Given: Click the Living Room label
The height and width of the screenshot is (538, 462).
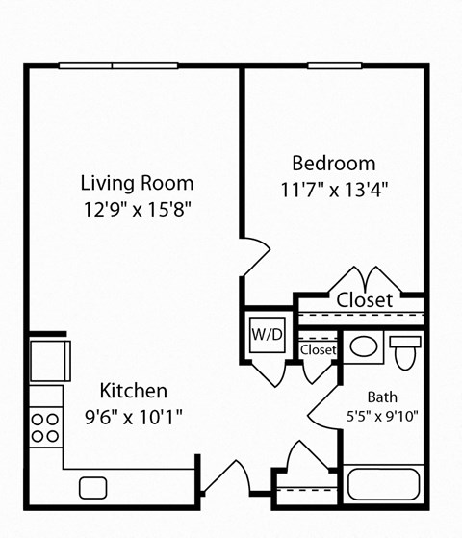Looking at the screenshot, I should coord(137,183).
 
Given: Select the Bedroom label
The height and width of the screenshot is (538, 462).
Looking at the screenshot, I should coord(333,162).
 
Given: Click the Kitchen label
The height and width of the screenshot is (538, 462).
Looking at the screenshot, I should coord(134,391).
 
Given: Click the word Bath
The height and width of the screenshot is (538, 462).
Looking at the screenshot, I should coord(382,397).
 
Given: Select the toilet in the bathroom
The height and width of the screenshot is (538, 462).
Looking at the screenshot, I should coord(405,350).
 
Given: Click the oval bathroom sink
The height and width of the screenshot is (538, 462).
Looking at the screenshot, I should coord(363,346).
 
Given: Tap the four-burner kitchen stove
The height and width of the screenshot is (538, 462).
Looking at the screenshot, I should coord(44,426).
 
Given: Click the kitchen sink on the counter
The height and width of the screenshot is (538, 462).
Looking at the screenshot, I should coord(93,488).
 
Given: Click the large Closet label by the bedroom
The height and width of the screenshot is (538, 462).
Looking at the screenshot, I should coord(364,300).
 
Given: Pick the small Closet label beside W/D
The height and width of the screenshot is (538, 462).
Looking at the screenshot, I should coord(318,350).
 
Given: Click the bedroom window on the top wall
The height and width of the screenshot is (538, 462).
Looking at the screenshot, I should coord(333,65).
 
